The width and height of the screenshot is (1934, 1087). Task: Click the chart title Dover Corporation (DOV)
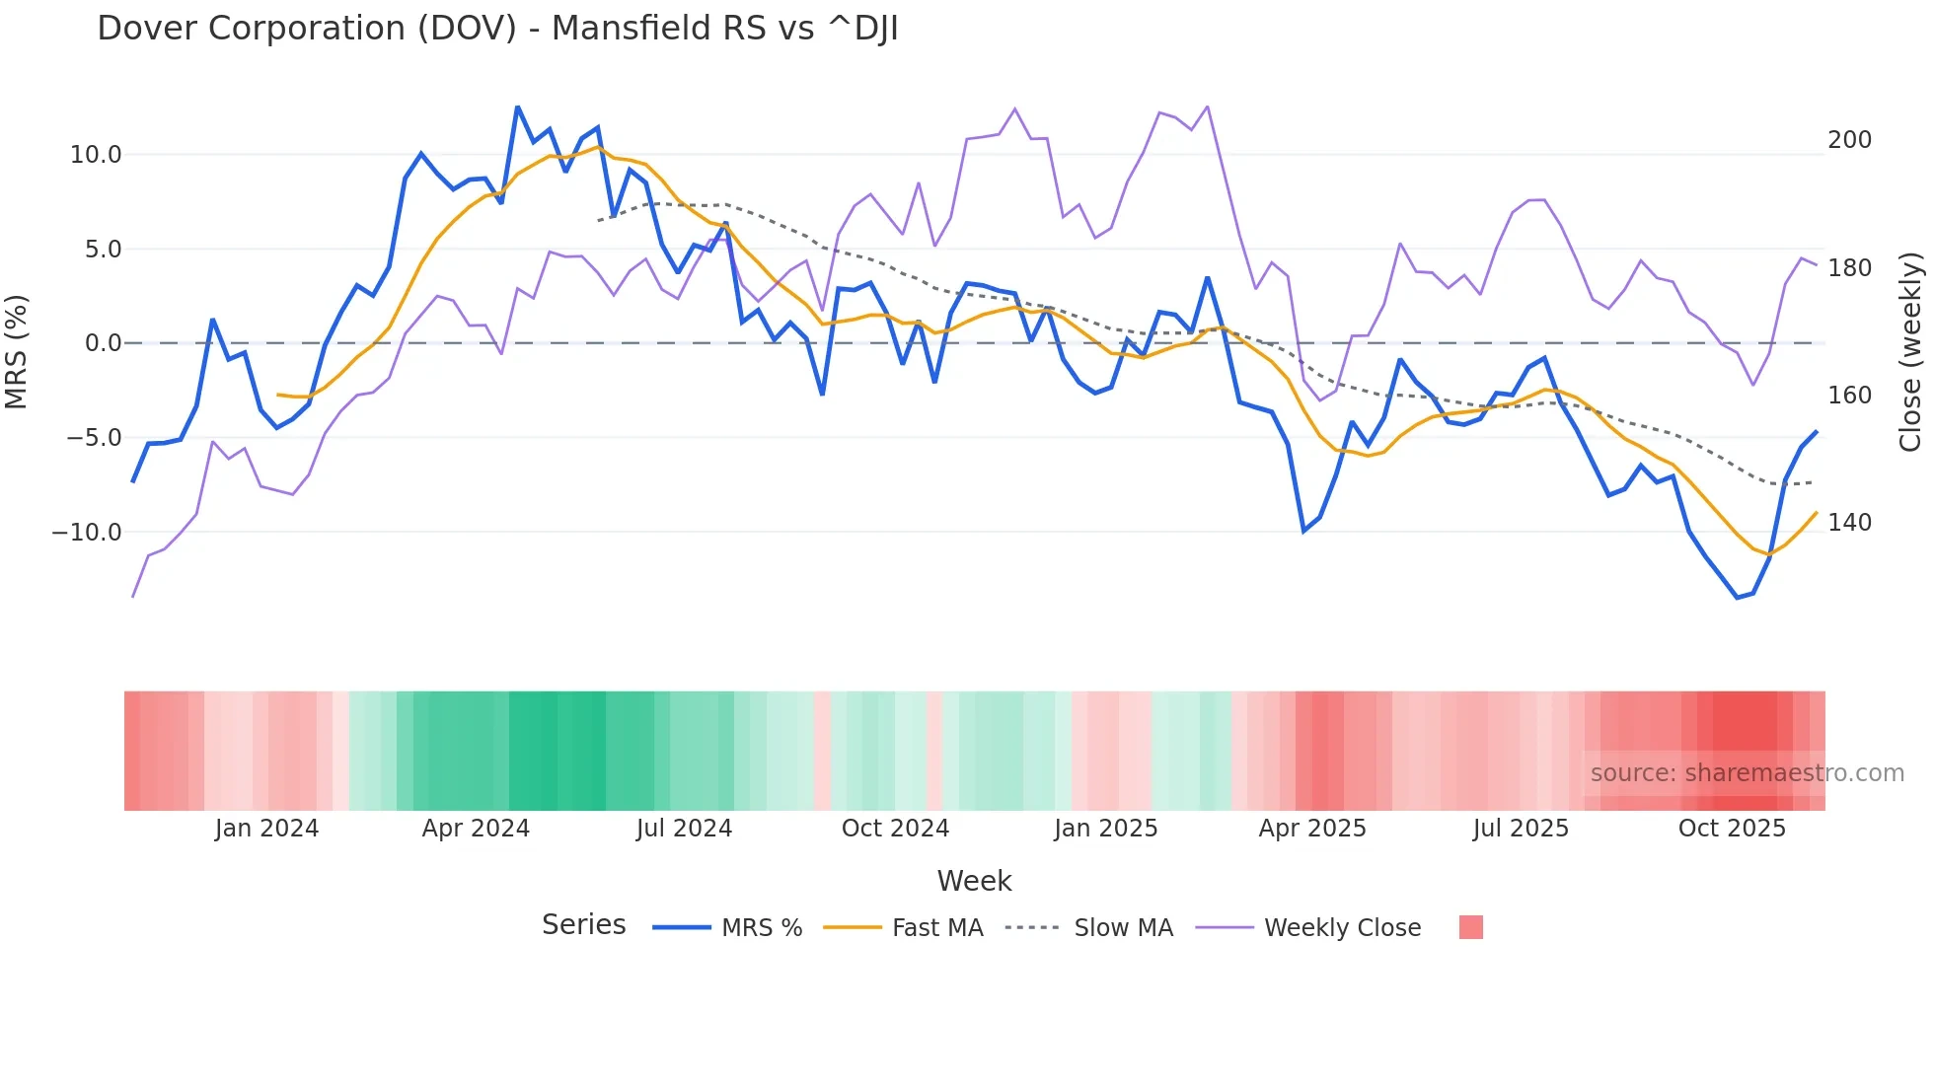[x=497, y=29]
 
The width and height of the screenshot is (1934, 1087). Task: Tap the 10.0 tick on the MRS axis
[x=96, y=155]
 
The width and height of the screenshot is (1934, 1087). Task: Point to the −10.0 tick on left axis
[x=87, y=533]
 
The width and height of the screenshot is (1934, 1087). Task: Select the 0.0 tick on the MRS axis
[x=103, y=343]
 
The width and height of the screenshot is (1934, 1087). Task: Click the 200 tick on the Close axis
[x=1849, y=140]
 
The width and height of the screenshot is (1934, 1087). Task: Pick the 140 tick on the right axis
[x=1849, y=523]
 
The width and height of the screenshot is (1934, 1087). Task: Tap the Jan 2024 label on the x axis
[x=266, y=829]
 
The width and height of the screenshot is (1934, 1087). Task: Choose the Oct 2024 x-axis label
[x=895, y=829]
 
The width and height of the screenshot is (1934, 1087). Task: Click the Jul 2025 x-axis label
[x=1521, y=829]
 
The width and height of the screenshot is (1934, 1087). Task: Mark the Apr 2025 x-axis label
[x=1312, y=829]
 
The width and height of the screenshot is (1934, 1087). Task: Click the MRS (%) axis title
[x=17, y=352]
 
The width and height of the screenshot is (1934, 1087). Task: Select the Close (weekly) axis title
[x=1910, y=352]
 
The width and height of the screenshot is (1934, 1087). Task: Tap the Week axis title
[x=974, y=881]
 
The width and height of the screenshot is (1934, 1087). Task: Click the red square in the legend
[x=1470, y=927]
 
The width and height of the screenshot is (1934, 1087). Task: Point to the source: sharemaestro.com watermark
[x=1747, y=773]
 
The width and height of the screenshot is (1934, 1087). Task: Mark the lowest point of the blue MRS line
[x=1738, y=598]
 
